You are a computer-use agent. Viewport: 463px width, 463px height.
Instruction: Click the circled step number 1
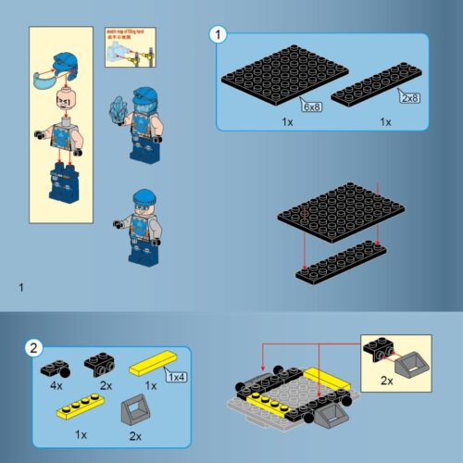click(x=219, y=35)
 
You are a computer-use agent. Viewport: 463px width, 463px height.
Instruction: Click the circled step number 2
click(x=33, y=349)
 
